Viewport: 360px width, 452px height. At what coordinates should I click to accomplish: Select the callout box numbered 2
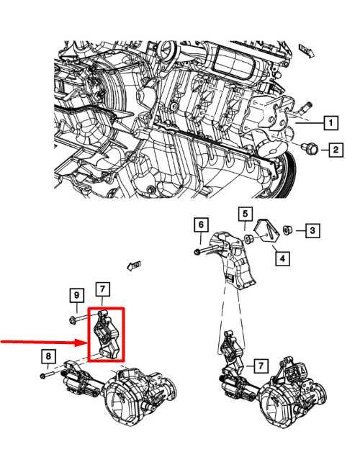[x=336, y=150]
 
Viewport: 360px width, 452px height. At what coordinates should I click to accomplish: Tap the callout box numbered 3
[x=311, y=230]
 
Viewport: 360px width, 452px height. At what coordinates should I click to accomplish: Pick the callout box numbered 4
[x=282, y=256]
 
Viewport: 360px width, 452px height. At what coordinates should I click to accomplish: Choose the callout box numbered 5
[x=245, y=214]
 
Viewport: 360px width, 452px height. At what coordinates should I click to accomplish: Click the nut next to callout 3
[x=287, y=230]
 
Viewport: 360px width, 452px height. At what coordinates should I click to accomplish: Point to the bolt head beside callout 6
[x=197, y=251]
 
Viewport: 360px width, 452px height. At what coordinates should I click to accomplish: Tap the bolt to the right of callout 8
[x=47, y=375]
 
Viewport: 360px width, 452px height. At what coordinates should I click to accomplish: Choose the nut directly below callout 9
[x=76, y=317]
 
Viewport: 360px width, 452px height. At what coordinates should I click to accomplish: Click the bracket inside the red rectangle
[x=105, y=333]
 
